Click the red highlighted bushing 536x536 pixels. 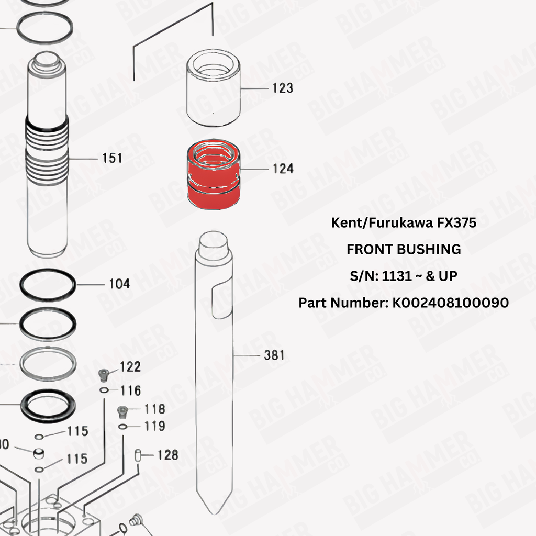[214, 174]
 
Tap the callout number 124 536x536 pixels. [283, 169]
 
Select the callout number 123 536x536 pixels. [283, 88]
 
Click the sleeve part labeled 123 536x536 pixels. [214, 87]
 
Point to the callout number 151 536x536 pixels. [112, 158]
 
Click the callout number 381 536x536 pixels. [274, 355]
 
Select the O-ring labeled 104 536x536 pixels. [48, 270]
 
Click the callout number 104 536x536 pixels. [119, 284]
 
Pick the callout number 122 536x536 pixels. [130, 367]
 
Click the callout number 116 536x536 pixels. [130, 390]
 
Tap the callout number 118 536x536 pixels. [154, 409]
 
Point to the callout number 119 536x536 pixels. [154, 426]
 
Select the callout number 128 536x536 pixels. [168, 455]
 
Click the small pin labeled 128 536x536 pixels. [138, 455]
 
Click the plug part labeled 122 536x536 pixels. [103, 375]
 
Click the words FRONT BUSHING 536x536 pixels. [404, 249]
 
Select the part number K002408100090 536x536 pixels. [451, 303]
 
